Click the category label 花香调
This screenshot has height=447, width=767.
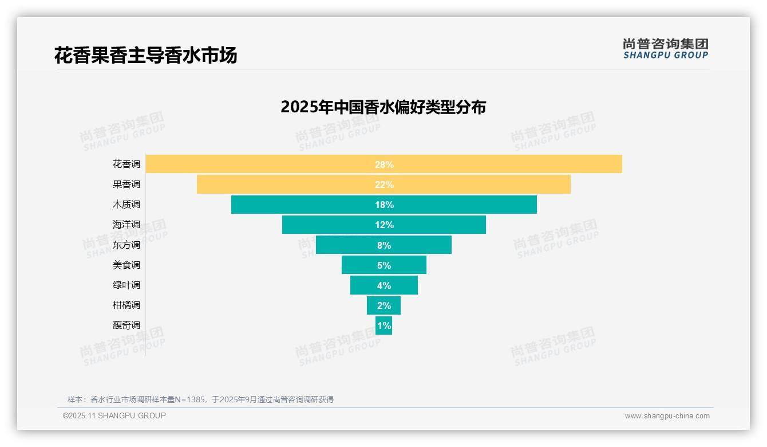126,164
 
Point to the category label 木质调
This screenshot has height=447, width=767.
126,205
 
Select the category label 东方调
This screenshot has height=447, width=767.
126,245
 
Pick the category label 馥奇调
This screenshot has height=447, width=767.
126,326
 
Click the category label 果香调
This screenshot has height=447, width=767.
126,185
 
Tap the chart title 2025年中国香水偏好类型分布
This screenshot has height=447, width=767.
383,107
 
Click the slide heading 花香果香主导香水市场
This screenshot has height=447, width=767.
145,56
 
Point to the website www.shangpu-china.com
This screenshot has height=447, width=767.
667,416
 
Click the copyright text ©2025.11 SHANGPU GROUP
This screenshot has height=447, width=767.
114,416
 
